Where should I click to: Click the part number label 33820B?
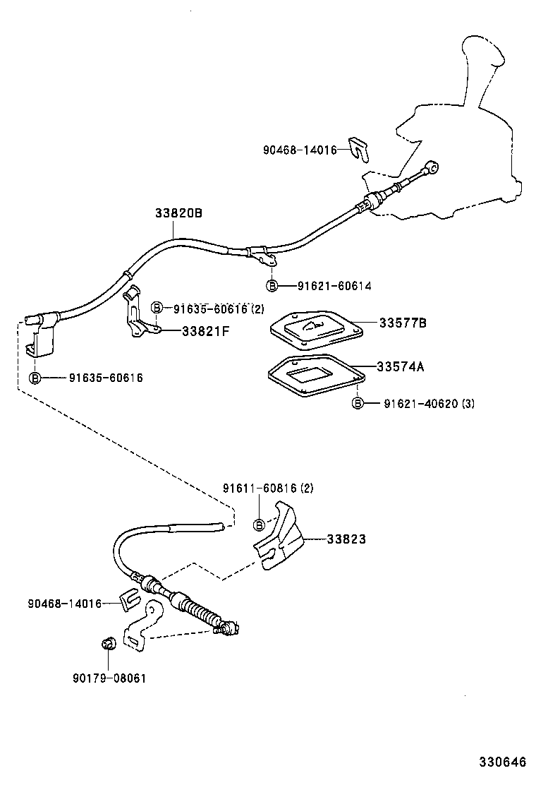[x=178, y=212]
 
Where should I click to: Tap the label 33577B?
[x=402, y=323]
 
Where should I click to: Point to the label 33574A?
[x=400, y=367]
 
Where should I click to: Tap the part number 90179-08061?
[x=109, y=678]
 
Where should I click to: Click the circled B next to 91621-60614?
[x=272, y=285]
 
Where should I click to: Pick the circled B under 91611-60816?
[x=259, y=524]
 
